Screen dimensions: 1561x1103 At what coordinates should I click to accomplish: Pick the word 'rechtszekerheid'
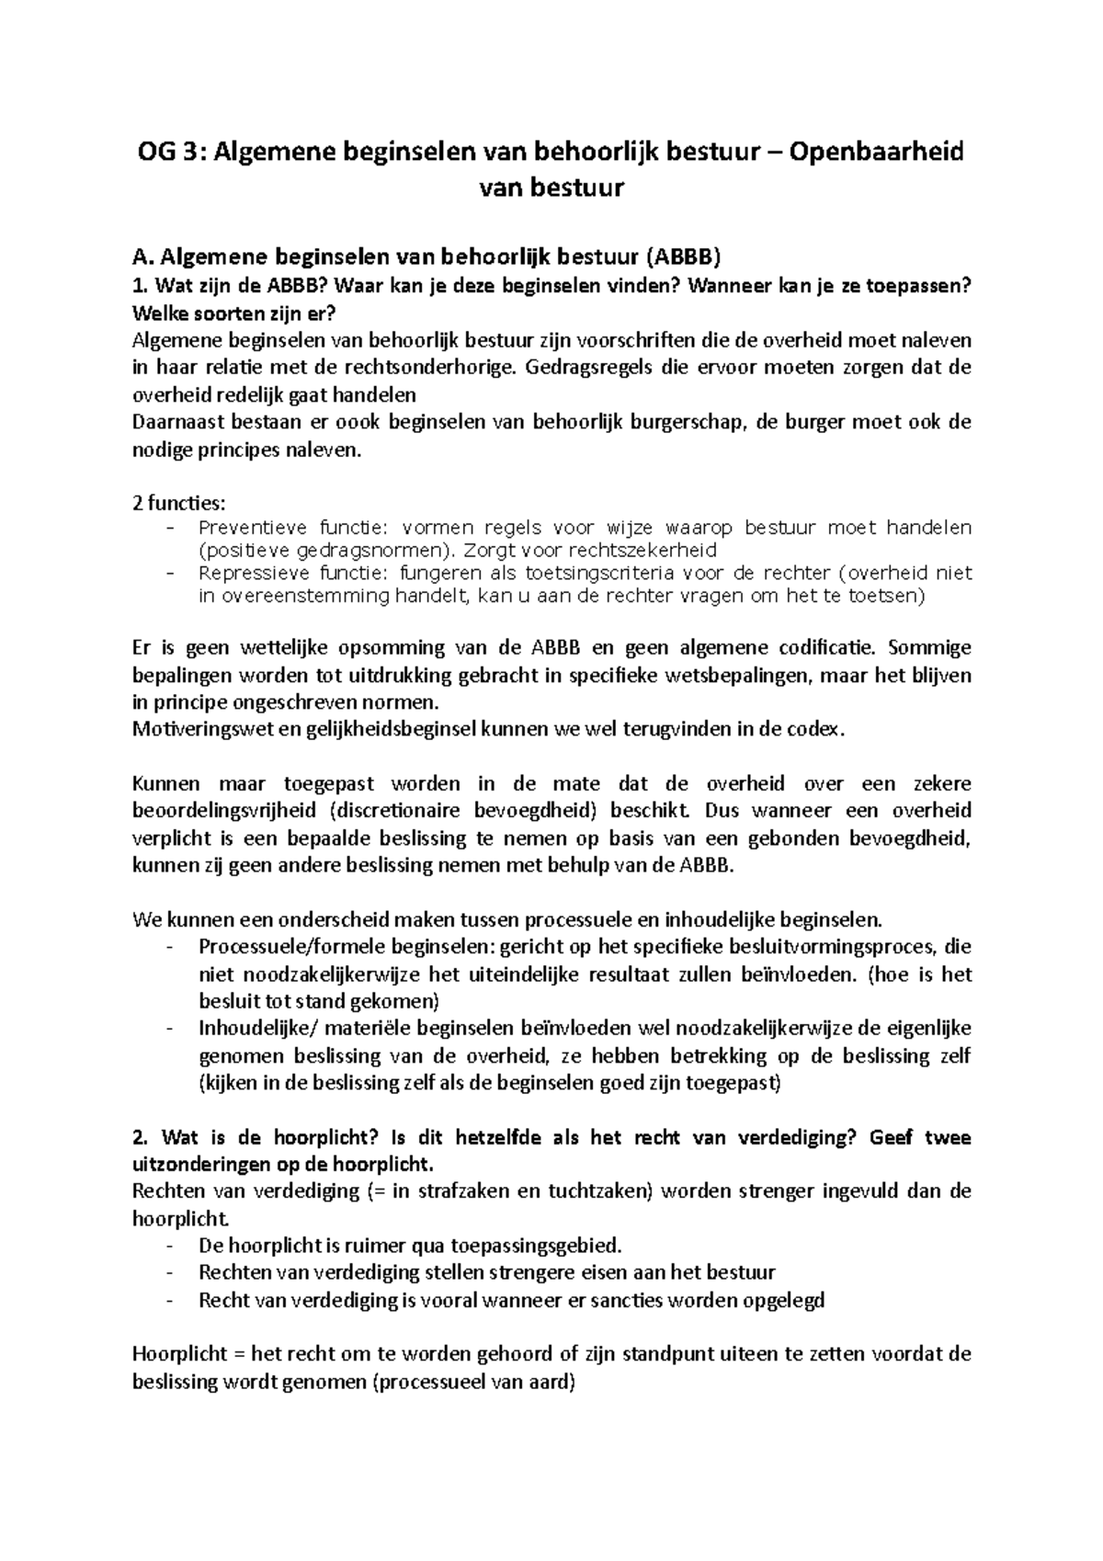click(643, 551)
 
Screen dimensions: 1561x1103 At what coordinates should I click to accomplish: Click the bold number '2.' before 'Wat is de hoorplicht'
click(141, 1137)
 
